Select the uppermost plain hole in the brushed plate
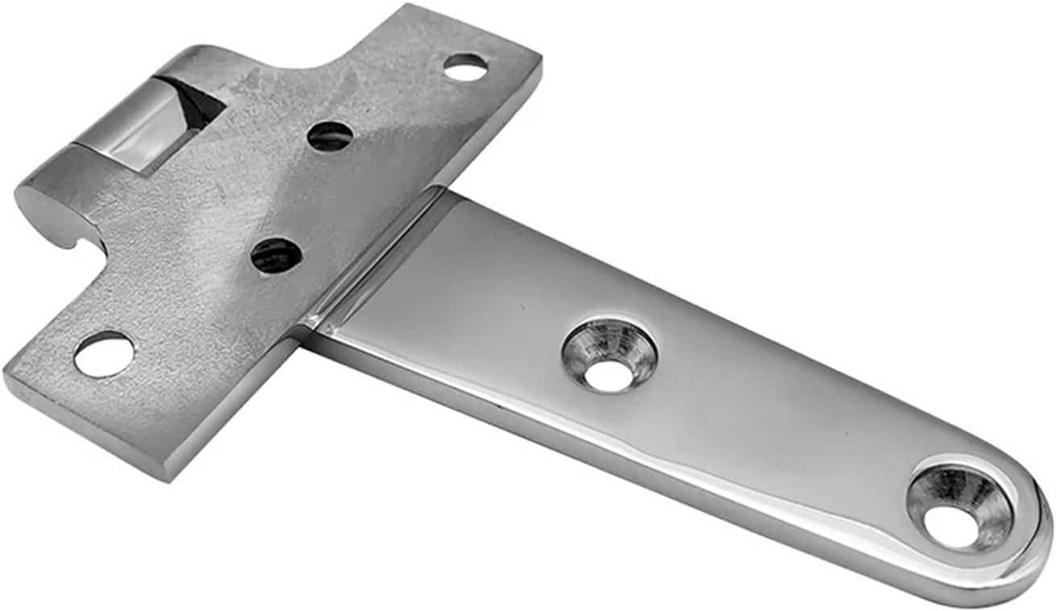coord(465,66)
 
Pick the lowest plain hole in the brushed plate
coord(104,355)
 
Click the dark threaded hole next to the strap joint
coord(276,256)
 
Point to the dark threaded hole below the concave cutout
coord(330,136)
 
